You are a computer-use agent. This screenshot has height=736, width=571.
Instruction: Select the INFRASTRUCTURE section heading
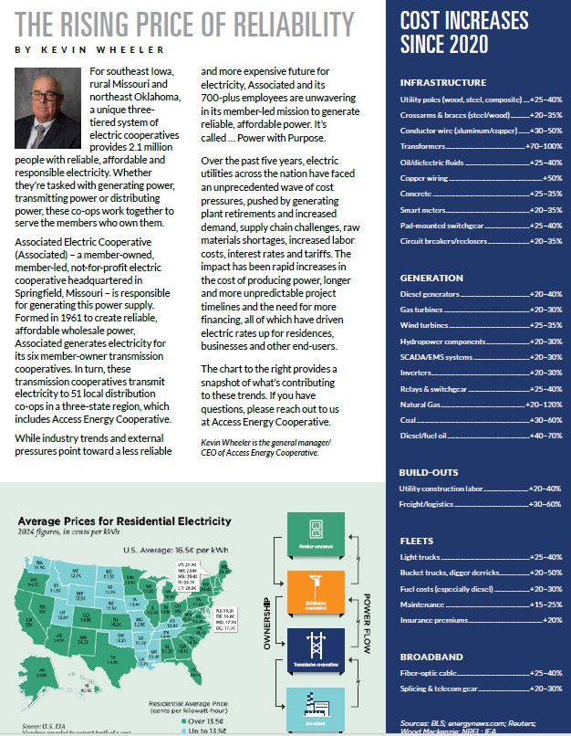coord(443,82)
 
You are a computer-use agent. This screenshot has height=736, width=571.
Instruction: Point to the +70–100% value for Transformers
coord(544,146)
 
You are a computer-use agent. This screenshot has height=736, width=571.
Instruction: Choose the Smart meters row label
coord(425,211)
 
